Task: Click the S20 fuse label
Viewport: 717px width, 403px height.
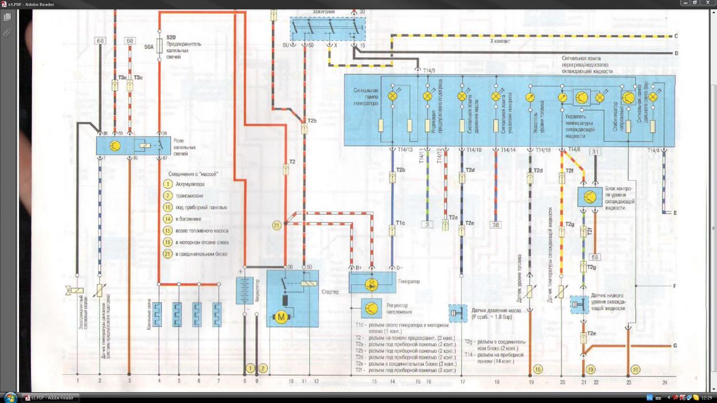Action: pos(171,37)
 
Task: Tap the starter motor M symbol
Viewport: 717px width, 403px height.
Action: pos(281,316)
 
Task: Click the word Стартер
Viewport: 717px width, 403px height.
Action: pos(331,292)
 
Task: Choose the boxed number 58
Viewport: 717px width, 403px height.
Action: pos(595,257)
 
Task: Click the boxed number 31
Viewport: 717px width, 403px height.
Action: pos(595,151)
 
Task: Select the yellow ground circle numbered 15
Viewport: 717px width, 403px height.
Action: pos(537,369)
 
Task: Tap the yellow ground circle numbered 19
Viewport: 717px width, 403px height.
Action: pos(590,369)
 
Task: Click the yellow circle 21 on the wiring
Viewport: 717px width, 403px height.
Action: pos(276,226)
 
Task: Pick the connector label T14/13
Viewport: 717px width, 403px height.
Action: pos(404,150)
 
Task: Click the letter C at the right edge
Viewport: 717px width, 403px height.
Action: pos(676,36)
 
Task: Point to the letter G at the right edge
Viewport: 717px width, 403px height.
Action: pos(675,346)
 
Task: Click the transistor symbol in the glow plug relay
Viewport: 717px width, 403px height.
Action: pos(115,146)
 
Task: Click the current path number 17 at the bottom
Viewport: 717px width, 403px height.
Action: pos(462,381)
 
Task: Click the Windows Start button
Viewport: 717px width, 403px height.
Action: pos(10,397)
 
